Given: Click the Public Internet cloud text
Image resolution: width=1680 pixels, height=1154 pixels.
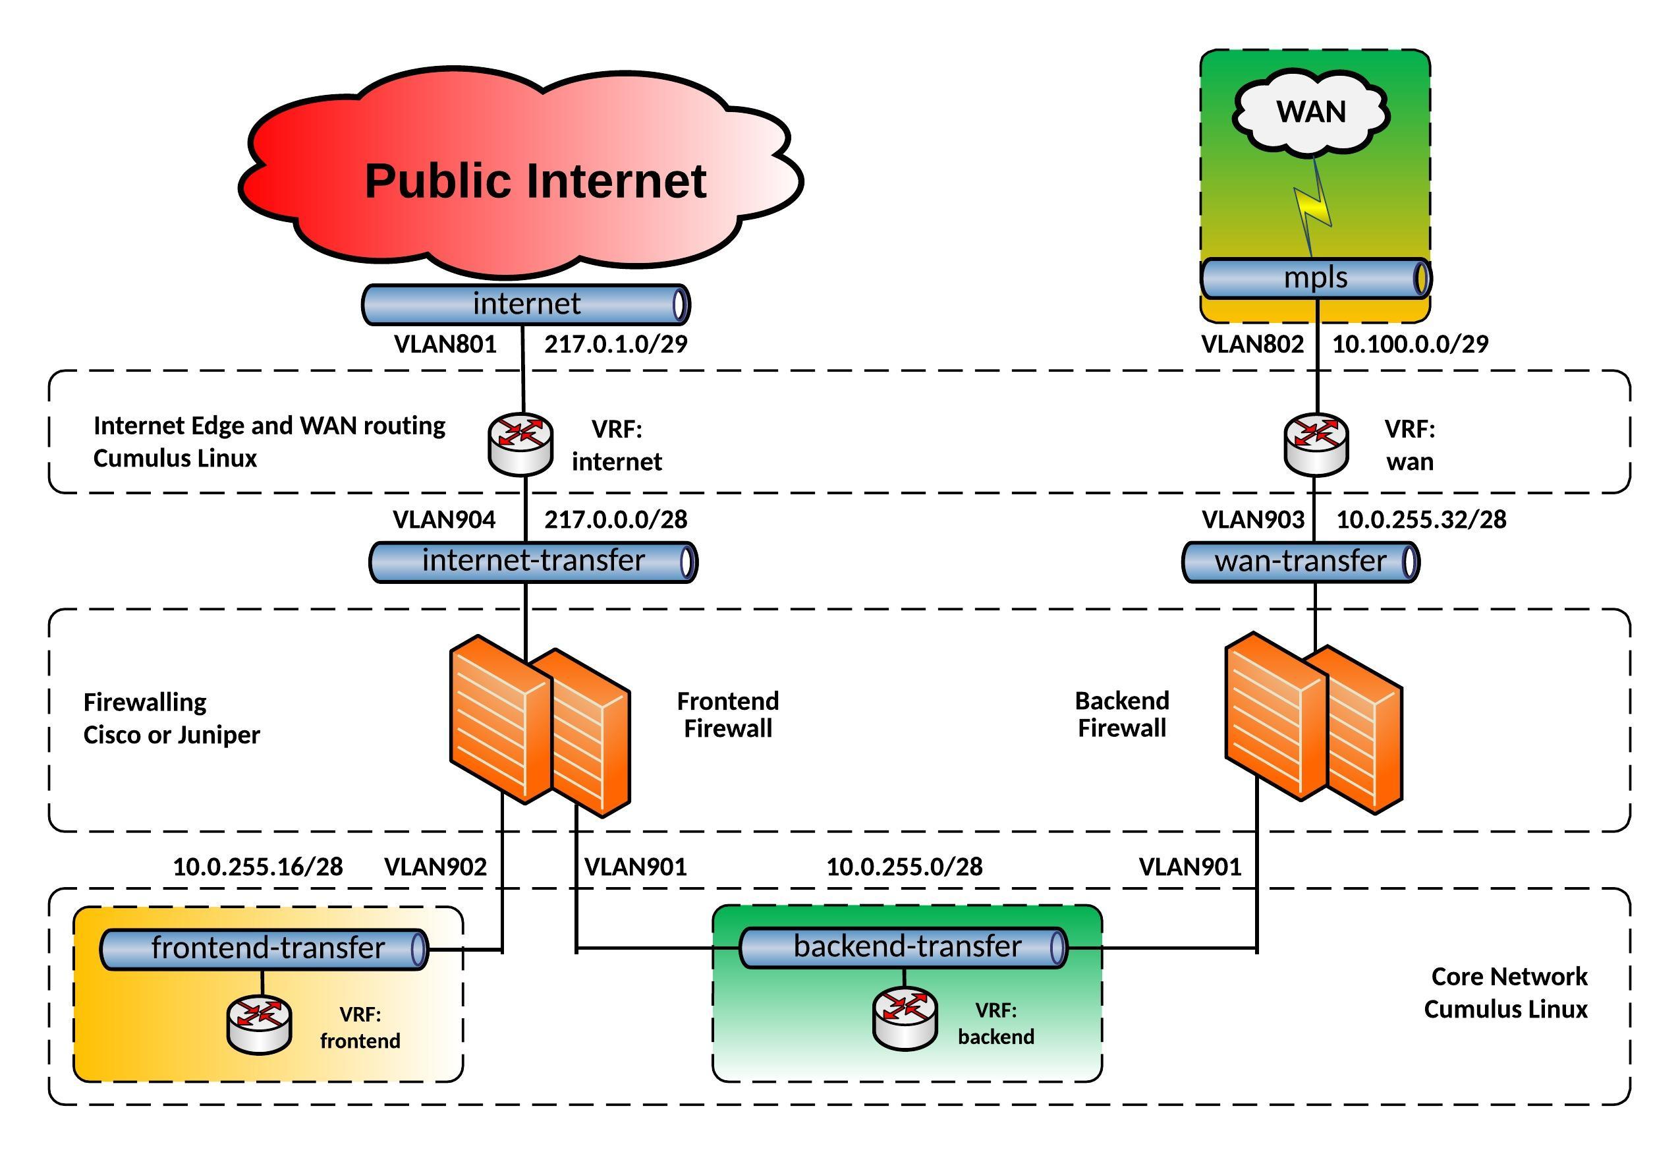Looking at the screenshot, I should point(535,181).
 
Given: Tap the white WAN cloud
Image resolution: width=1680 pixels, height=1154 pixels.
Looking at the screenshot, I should point(1310,112).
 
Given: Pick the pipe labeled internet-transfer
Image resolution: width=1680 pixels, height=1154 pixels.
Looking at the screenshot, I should point(533,562).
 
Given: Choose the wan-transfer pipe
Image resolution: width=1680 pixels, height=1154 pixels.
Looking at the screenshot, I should point(1300,562).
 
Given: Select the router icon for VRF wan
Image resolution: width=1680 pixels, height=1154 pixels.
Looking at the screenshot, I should point(1316,444).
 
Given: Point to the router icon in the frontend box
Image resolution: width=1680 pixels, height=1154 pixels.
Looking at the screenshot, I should point(260,1025).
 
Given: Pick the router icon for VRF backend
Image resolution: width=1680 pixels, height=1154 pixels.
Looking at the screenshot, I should point(905,1018).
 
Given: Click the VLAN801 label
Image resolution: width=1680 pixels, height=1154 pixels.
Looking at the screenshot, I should point(445,344).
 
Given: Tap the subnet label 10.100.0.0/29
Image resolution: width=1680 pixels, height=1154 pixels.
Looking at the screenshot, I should point(1410,344).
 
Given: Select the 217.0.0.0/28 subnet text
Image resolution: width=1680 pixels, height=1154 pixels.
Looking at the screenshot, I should point(616,519).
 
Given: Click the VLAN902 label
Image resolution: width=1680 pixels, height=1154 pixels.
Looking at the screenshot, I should point(435,866).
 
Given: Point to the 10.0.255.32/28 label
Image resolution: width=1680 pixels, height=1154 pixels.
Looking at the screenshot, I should point(1420,519).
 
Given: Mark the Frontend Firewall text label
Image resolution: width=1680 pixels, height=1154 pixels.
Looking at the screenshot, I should point(727,714).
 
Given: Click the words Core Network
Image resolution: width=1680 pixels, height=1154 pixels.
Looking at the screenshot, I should point(1509,976).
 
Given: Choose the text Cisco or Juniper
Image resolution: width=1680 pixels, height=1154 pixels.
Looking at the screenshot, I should point(171,735).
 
